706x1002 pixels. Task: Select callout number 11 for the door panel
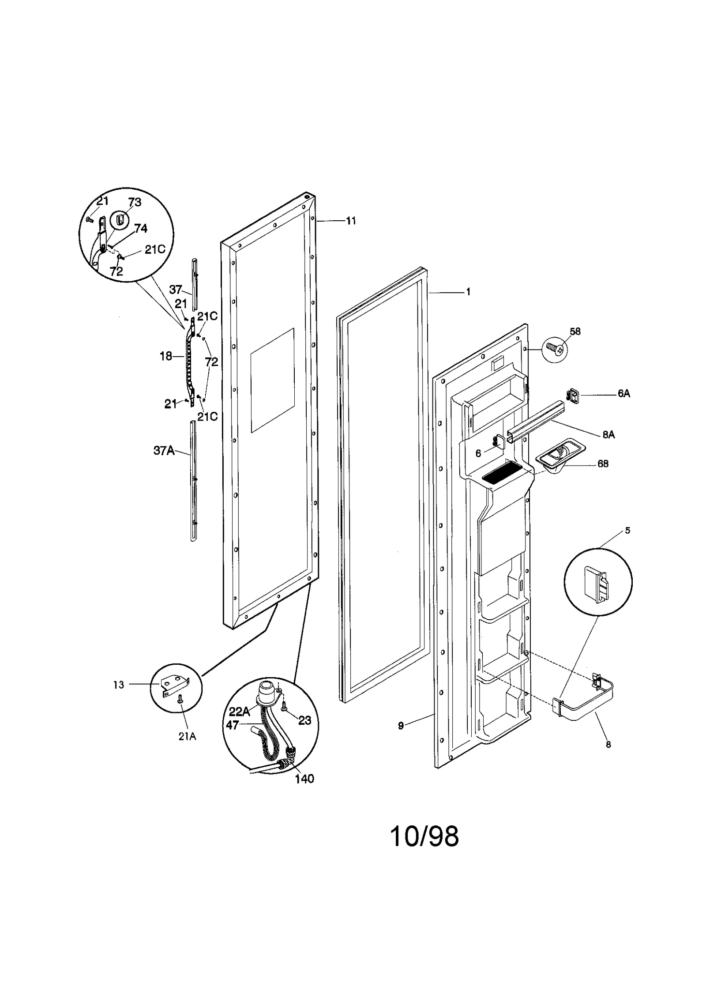[x=351, y=221]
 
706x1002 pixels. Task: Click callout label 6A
[x=623, y=394]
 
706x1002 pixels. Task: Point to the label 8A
[x=608, y=435]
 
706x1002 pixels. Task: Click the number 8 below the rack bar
[x=608, y=744]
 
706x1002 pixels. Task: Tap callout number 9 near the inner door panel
[x=401, y=726]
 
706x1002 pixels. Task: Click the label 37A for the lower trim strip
[x=164, y=451]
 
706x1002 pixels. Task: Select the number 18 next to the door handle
[x=166, y=356]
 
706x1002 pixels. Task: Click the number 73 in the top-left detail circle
[x=135, y=202]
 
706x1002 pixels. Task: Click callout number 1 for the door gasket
[x=468, y=292]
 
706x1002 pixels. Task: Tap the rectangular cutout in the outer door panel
[x=272, y=380]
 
